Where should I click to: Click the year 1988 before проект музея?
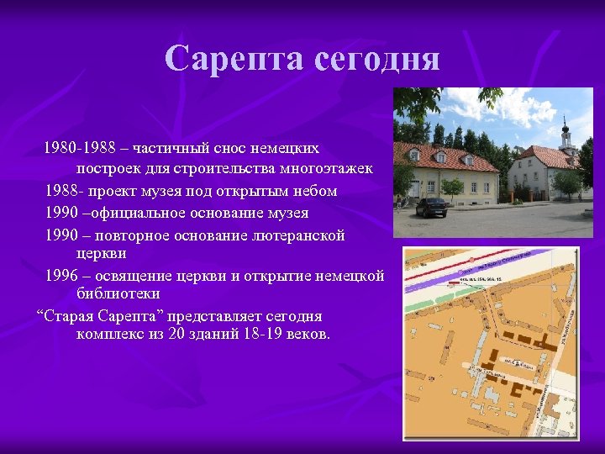point(63,191)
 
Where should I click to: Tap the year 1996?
point(63,276)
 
